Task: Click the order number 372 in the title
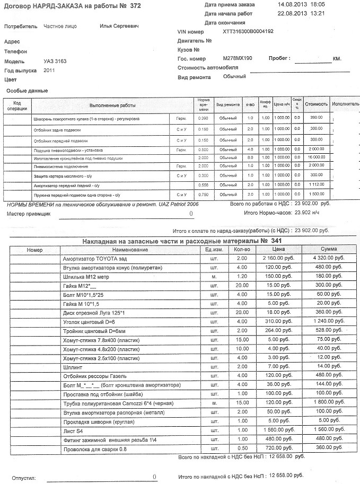click(x=135, y=6)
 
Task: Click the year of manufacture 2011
click(x=49, y=70)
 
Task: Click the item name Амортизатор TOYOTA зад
click(x=95, y=259)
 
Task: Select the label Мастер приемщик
click(x=28, y=215)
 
